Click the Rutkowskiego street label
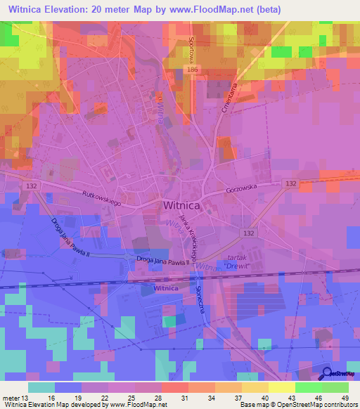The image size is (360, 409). coord(102,197)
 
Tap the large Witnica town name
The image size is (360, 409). coord(181,206)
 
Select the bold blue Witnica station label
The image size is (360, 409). coord(166,288)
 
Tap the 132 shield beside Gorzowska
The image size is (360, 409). coord(291,183)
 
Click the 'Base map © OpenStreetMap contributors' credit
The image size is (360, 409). coord(296,405)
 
